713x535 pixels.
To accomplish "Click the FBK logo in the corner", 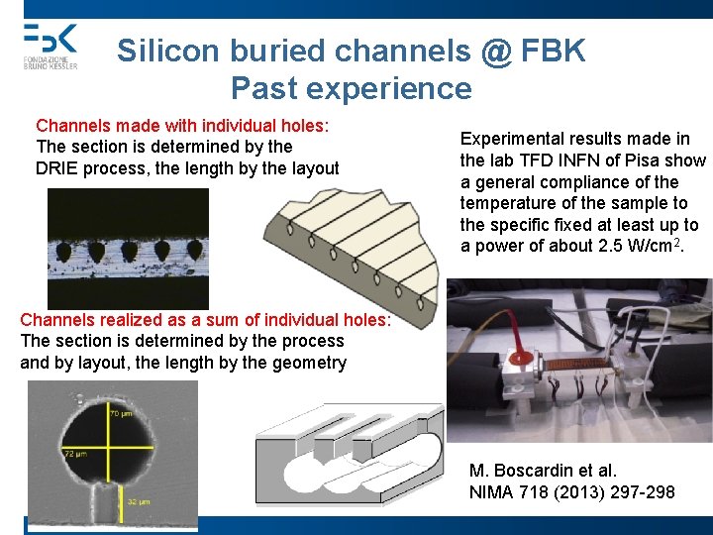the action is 50,45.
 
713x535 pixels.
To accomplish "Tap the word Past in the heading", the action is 266,88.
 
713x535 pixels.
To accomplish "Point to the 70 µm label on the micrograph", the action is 120,413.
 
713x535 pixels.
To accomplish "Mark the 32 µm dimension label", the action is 137,503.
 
